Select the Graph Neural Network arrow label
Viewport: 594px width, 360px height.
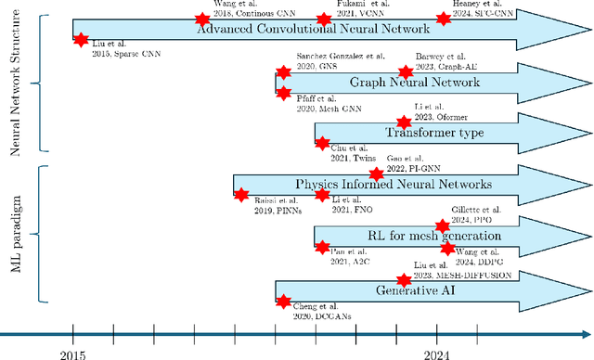pos(401,83)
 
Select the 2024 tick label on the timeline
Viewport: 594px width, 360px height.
pos(438,352)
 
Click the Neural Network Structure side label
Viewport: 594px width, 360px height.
pos(14,84)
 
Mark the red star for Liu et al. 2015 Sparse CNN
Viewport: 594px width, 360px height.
pos(80,40)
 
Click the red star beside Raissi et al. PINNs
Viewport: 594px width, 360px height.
pos(240,195)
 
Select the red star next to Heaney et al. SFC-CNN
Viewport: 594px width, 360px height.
pos(442,19)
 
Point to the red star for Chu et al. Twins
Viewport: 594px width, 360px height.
pos(322,143)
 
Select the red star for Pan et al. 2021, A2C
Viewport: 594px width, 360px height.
pos(322,247)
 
